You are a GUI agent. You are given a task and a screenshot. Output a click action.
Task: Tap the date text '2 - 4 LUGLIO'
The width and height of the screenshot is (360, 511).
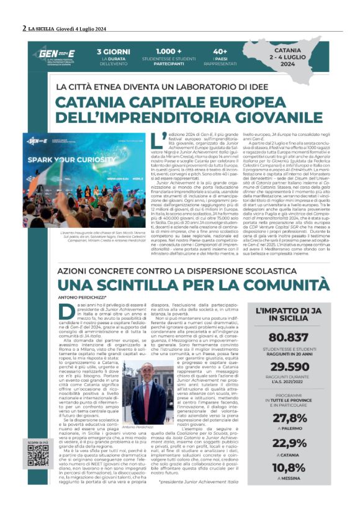click(310, 63)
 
